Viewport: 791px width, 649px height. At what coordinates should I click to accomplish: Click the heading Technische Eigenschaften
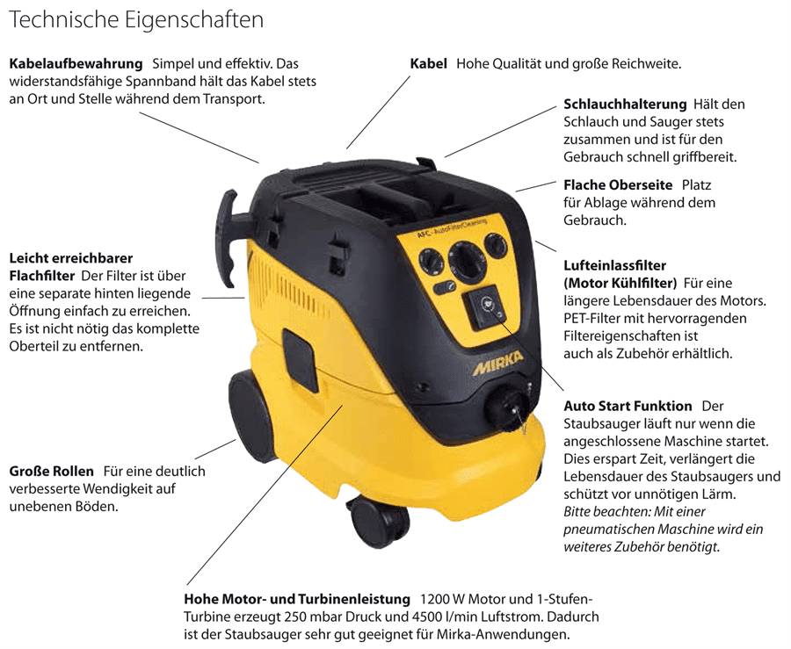136,20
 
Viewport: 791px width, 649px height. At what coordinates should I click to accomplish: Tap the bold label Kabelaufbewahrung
76,64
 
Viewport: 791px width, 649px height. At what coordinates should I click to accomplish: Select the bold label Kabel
428,64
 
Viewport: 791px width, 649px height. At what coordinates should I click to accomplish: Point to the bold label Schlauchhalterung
625,105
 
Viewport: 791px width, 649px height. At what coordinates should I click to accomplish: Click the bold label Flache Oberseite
618,185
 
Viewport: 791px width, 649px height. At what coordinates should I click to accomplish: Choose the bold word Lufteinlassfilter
615,265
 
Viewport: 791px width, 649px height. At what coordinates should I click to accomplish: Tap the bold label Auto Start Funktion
628,406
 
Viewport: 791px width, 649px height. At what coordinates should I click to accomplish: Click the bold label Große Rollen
52,472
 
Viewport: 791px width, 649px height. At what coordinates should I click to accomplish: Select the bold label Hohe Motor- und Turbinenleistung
297,599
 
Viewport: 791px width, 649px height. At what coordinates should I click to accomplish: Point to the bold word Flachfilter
42,276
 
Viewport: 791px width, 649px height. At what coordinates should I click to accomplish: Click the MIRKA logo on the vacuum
497,363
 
